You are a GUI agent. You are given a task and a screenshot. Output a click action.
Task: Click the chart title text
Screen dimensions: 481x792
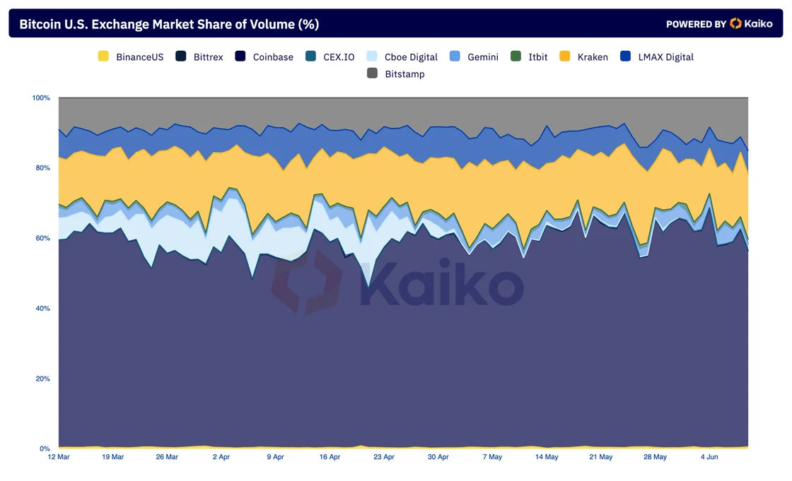[x=169, y=24]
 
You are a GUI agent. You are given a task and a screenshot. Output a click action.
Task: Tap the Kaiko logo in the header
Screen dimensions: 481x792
[x=751, y=23]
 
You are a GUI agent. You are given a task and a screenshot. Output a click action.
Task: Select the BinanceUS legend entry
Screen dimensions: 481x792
[x=131, y=57]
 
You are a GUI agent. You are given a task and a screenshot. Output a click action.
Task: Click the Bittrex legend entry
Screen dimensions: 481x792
[x=200, y=57]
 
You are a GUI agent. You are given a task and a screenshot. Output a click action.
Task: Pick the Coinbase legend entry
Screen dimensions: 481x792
[x=264, y=57]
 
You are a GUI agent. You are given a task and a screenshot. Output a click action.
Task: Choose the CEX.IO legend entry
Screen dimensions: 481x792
[x=330, y=57]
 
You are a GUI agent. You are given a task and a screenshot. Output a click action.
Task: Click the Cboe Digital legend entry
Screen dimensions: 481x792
[x=402, y=57]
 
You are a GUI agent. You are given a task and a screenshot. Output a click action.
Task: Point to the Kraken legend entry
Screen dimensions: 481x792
[x=584, y=57]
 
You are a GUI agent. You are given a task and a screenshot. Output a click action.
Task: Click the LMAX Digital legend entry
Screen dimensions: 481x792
[x=657, y=57]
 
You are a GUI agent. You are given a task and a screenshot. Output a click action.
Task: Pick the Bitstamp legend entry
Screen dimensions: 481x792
[x=396, y=73]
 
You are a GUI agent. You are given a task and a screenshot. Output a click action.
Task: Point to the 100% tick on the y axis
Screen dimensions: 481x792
[x=41, y=97]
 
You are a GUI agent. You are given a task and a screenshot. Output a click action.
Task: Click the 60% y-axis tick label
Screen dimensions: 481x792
[x=42, y=238]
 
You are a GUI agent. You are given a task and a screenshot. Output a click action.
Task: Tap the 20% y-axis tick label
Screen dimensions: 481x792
[x=42, y=379]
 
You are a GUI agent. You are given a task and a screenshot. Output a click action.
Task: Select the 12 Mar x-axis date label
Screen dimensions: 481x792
[x=58, y=457]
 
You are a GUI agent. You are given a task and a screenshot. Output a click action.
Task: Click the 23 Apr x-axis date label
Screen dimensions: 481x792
[x=384, y=457]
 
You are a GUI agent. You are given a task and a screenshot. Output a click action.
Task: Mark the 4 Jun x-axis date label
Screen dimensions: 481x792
[x=709, y=457]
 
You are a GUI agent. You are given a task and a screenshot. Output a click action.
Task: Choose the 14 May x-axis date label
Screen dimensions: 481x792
[x=547, y=457]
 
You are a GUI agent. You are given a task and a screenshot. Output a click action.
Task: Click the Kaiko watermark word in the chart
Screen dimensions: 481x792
[x=442, y=285]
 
